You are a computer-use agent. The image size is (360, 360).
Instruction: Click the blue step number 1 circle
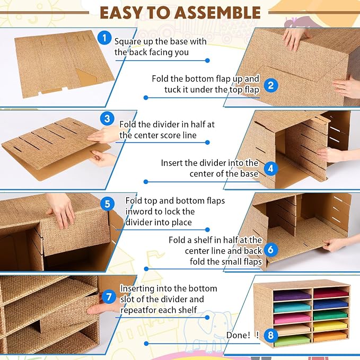pyautogui.click(x=104, y=38)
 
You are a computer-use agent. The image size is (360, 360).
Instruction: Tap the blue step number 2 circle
pyautogui.click(x=271, y=85)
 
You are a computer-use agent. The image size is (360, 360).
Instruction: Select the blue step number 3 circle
pyautogui.click(x=107, y=119)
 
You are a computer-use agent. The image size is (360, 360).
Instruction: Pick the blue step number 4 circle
pyautogui.click(x=271, y=169)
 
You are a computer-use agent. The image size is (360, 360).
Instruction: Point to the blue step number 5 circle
pyautogui.click(x=107, y=204)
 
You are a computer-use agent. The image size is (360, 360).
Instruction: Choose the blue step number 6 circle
pyautogui.click(x=271, y=250)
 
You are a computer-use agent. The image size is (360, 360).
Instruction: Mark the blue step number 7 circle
pyautogui.click(x=109, y=296)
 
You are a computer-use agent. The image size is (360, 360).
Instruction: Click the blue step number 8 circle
pyautogui.click(x=271, y=335)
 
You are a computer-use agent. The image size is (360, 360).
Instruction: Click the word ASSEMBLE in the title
pyautogui.click(x=217, y=13)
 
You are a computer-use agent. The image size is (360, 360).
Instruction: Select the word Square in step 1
pyautogui.click(x=128, y=42)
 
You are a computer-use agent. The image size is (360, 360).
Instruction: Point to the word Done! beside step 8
pyautogui.click(x=238, y=335)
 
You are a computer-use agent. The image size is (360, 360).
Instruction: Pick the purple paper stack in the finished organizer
pyautogui.click(x=292, y=296)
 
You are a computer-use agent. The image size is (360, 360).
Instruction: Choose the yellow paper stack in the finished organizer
pyautogui.click(x=331, y=326)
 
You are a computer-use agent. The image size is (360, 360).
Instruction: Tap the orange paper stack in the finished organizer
pyautogui.click(x=331, y=336)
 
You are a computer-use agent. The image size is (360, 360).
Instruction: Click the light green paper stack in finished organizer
pyautogui.click(x=292, y=341)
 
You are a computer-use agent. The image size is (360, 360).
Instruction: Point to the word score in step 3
pyautogui.click(x=164, y=135)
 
